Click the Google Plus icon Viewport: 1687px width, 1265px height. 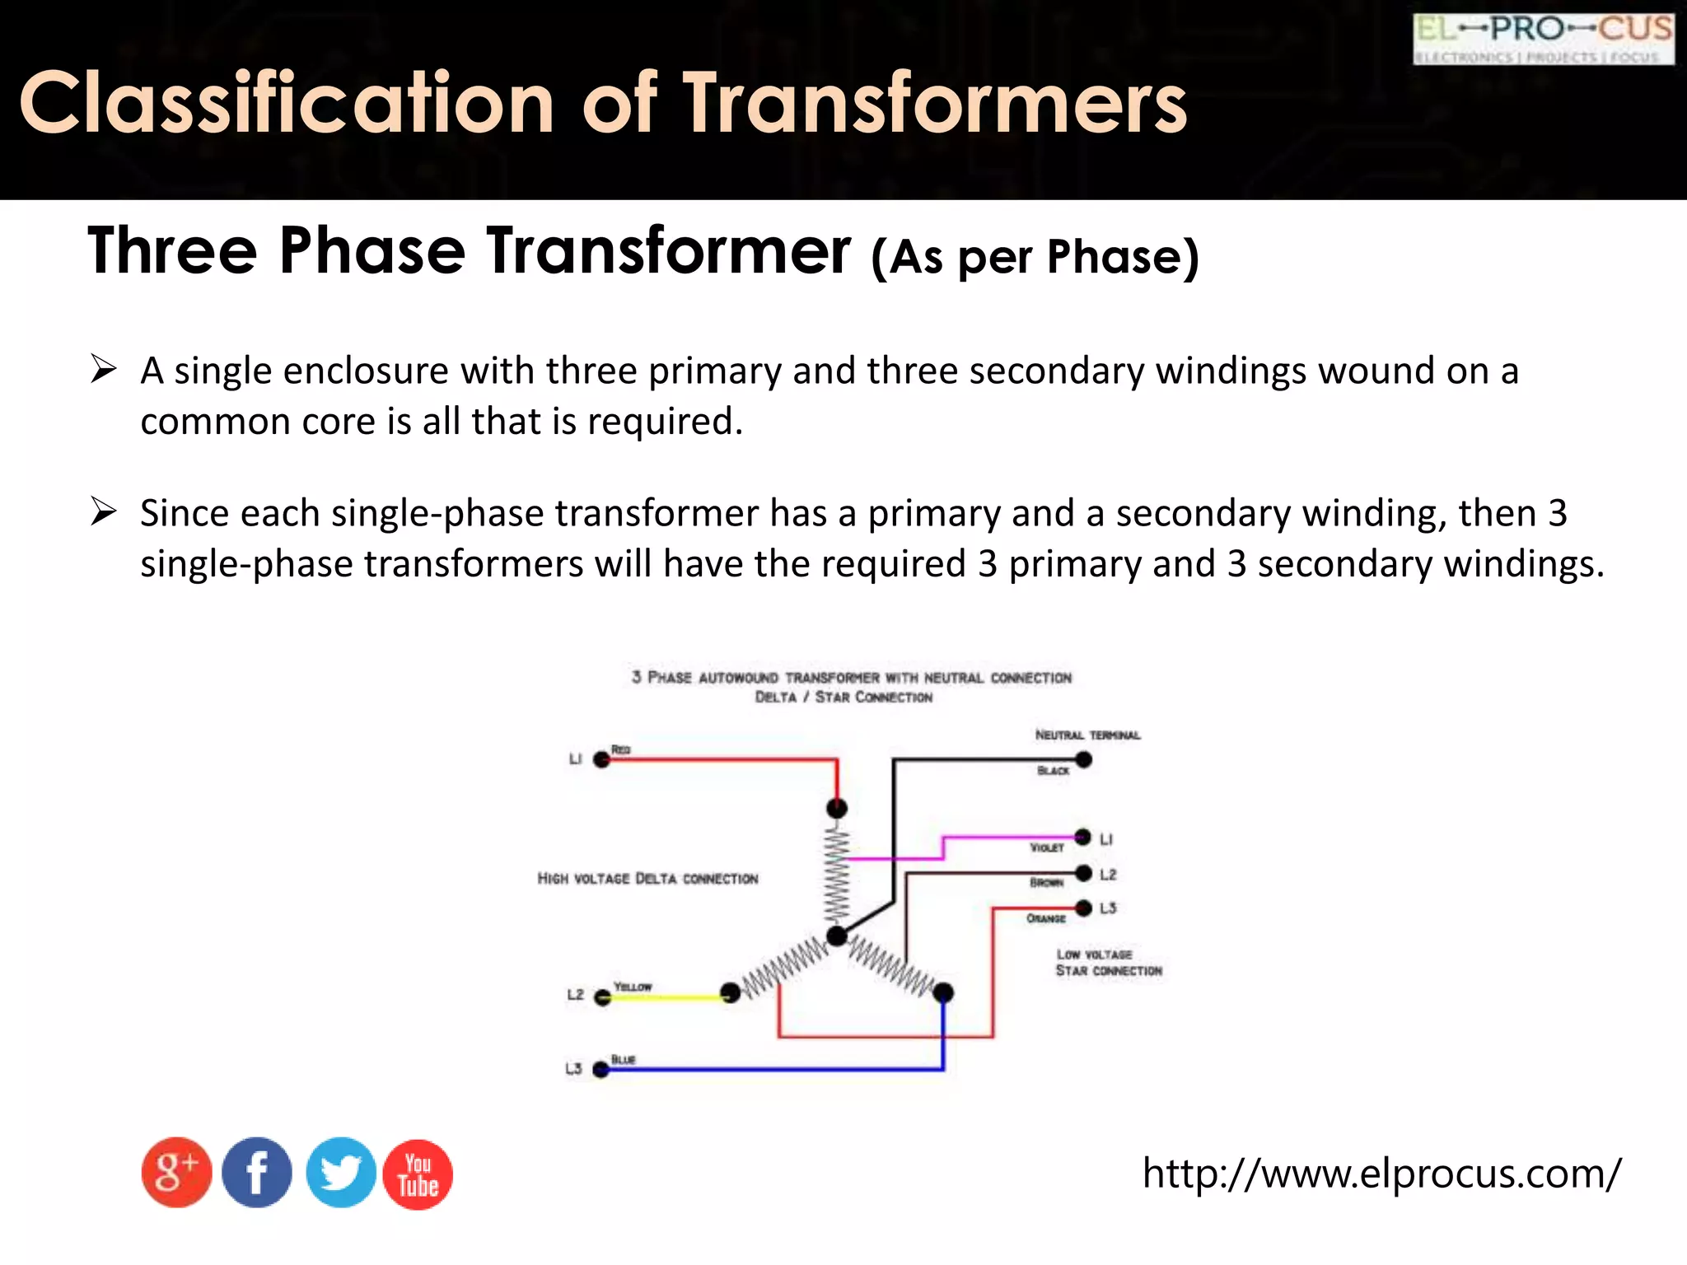pos(176,1173)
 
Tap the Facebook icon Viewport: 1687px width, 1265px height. pos(257,1173)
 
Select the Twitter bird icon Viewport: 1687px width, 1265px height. pos(340,1173)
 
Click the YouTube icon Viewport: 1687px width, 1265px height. pos(418,1174)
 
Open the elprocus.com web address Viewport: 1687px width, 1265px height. pos(1381,1173)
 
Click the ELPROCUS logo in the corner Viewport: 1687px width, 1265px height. pos(1543,39)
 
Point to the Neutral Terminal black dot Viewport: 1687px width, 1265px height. pos(1084,759)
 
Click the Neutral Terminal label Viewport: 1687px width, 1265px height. pos(1087,735)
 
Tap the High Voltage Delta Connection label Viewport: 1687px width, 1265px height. pos(647,879)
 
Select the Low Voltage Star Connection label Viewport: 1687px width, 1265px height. pos(1108,963)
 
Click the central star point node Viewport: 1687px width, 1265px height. pos(837,936)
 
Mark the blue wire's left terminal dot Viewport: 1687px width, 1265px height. pos(601,1070)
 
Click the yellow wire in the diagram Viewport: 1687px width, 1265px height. pos(667,997)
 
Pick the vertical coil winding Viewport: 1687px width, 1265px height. pos(837,873)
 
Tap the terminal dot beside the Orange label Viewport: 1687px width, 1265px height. pos(1084,908)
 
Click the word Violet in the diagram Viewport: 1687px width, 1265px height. pos(1047,847)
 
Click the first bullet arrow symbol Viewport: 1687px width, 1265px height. pos(104,370)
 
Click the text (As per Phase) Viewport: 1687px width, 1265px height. pos(1035,256)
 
